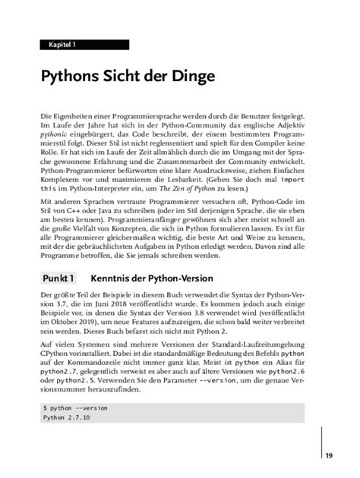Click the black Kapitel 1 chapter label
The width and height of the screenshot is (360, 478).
click(63, 46)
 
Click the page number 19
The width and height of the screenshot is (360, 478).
click(329, 455)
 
